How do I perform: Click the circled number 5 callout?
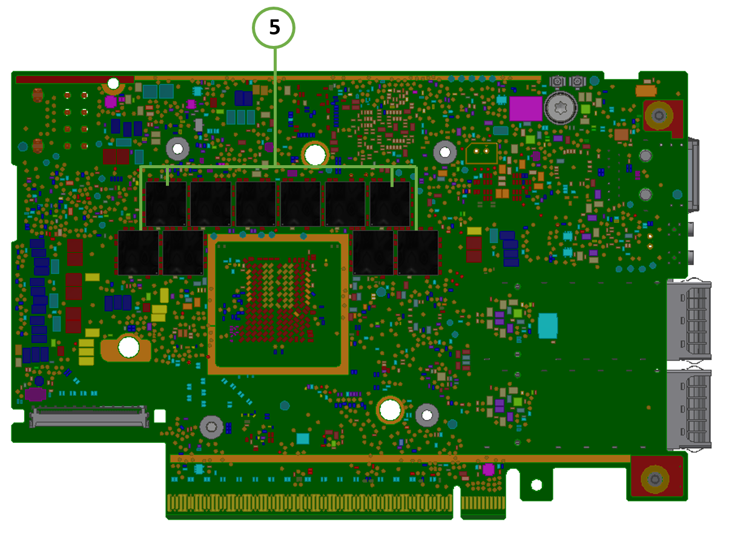coord(274,27)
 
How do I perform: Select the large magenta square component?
coord(526,109)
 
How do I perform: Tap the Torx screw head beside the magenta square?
coord(560,109)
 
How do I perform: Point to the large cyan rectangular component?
coord(547,325)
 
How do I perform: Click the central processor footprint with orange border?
coord(278,304)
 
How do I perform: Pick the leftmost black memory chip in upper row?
coord(166,204)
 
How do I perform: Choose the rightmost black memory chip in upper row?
coord(390,204)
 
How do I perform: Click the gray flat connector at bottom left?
coord(89,417)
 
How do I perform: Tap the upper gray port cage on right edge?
coord(689,320)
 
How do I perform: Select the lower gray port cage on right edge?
coord(689,410)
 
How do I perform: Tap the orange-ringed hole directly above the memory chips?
coord(315,155)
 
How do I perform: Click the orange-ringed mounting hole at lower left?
coord(128,347)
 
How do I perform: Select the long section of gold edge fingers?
coord(309,503)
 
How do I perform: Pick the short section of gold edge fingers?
coord(483,503)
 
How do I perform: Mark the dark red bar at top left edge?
coord(74,79)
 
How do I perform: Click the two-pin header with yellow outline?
coord(481,152)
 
